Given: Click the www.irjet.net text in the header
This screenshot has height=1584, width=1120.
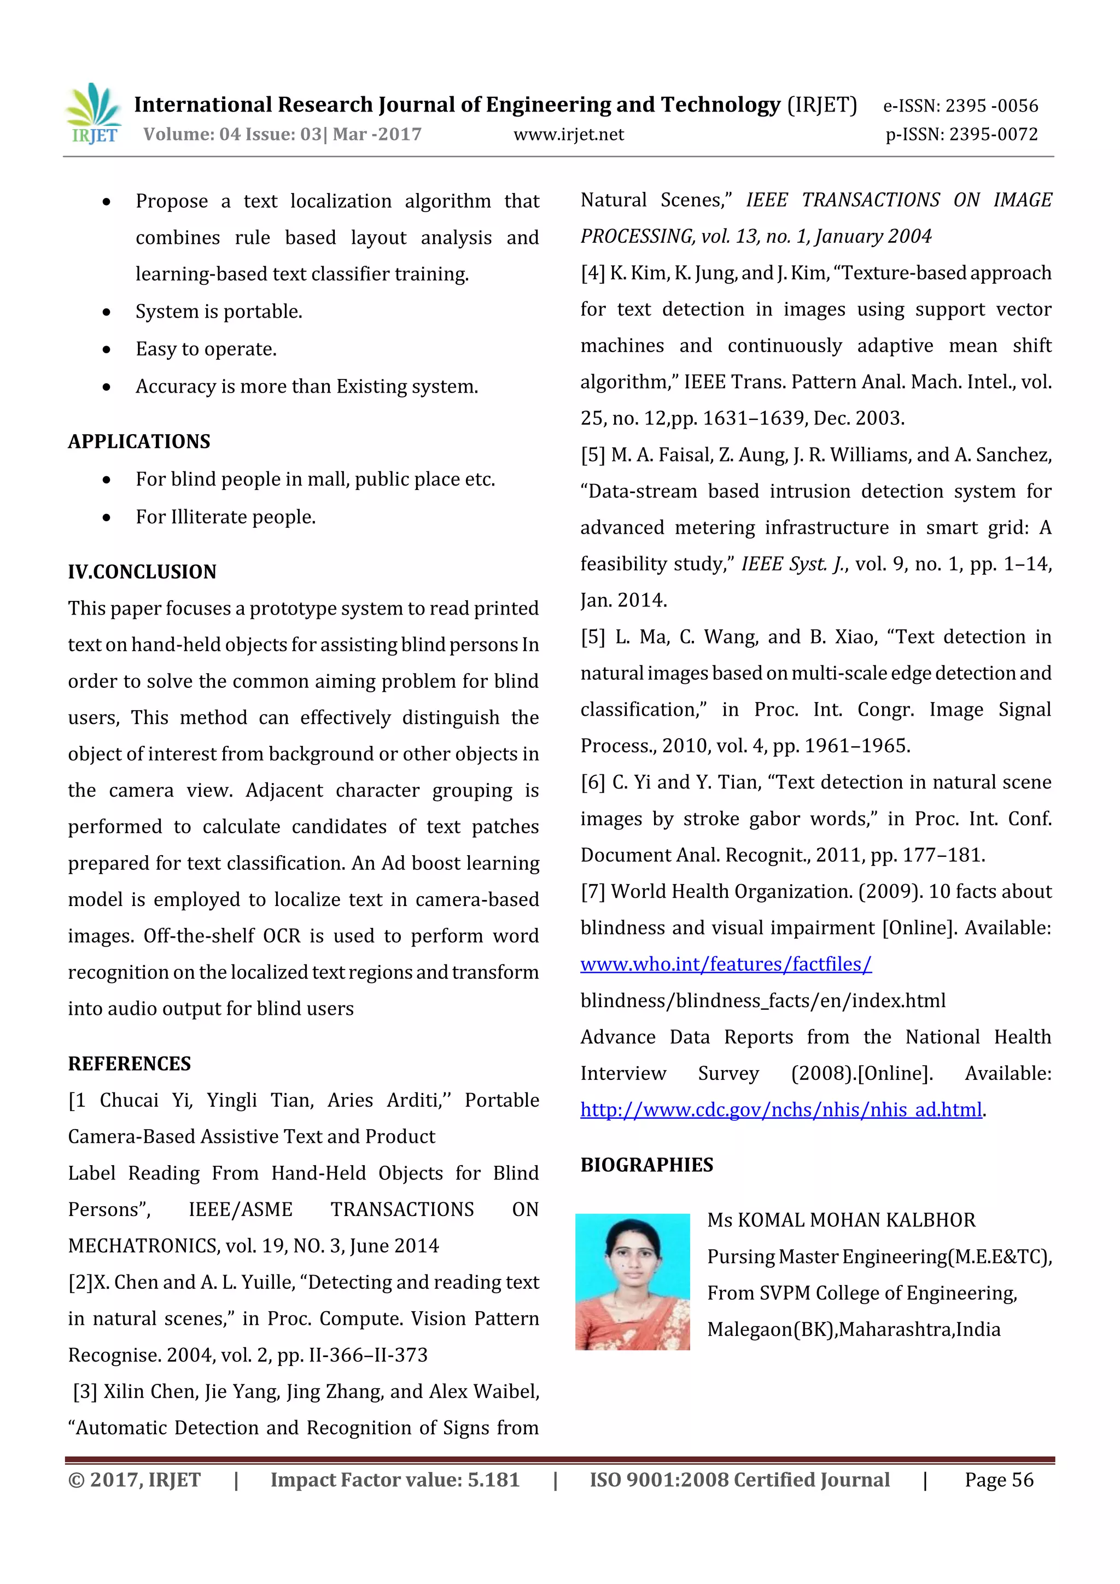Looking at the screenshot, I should pos(568,135).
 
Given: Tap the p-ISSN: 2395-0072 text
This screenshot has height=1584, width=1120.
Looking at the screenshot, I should pos(961,135).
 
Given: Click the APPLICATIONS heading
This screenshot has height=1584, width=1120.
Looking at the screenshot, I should pos(139,442).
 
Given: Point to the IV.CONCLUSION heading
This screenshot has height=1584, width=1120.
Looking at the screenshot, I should pos(142,572).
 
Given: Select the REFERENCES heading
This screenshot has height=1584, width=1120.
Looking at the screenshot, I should pos(129,1064).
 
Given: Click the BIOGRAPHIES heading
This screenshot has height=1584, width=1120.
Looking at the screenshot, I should pos(646,1165).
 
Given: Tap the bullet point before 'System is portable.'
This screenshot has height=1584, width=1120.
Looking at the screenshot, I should pos(106,313).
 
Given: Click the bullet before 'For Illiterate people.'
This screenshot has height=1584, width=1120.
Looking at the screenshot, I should pos(106,517).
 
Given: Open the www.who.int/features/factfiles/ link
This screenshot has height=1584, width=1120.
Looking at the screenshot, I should pos(725,965).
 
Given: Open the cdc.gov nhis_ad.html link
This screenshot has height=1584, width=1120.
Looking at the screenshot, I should pos(780,1110).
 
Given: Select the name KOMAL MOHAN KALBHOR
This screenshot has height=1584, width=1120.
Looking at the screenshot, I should pos(856,1220).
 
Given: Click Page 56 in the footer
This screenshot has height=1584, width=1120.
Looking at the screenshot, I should pos(999,1480).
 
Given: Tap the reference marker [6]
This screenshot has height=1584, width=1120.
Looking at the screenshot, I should pos(593,782).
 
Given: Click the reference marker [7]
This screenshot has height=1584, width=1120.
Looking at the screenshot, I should pos(593,892).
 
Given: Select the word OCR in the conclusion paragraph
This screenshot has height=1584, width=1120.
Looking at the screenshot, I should pos(282,936).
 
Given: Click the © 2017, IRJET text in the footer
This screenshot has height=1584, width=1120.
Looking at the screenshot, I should pos(135,1480).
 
